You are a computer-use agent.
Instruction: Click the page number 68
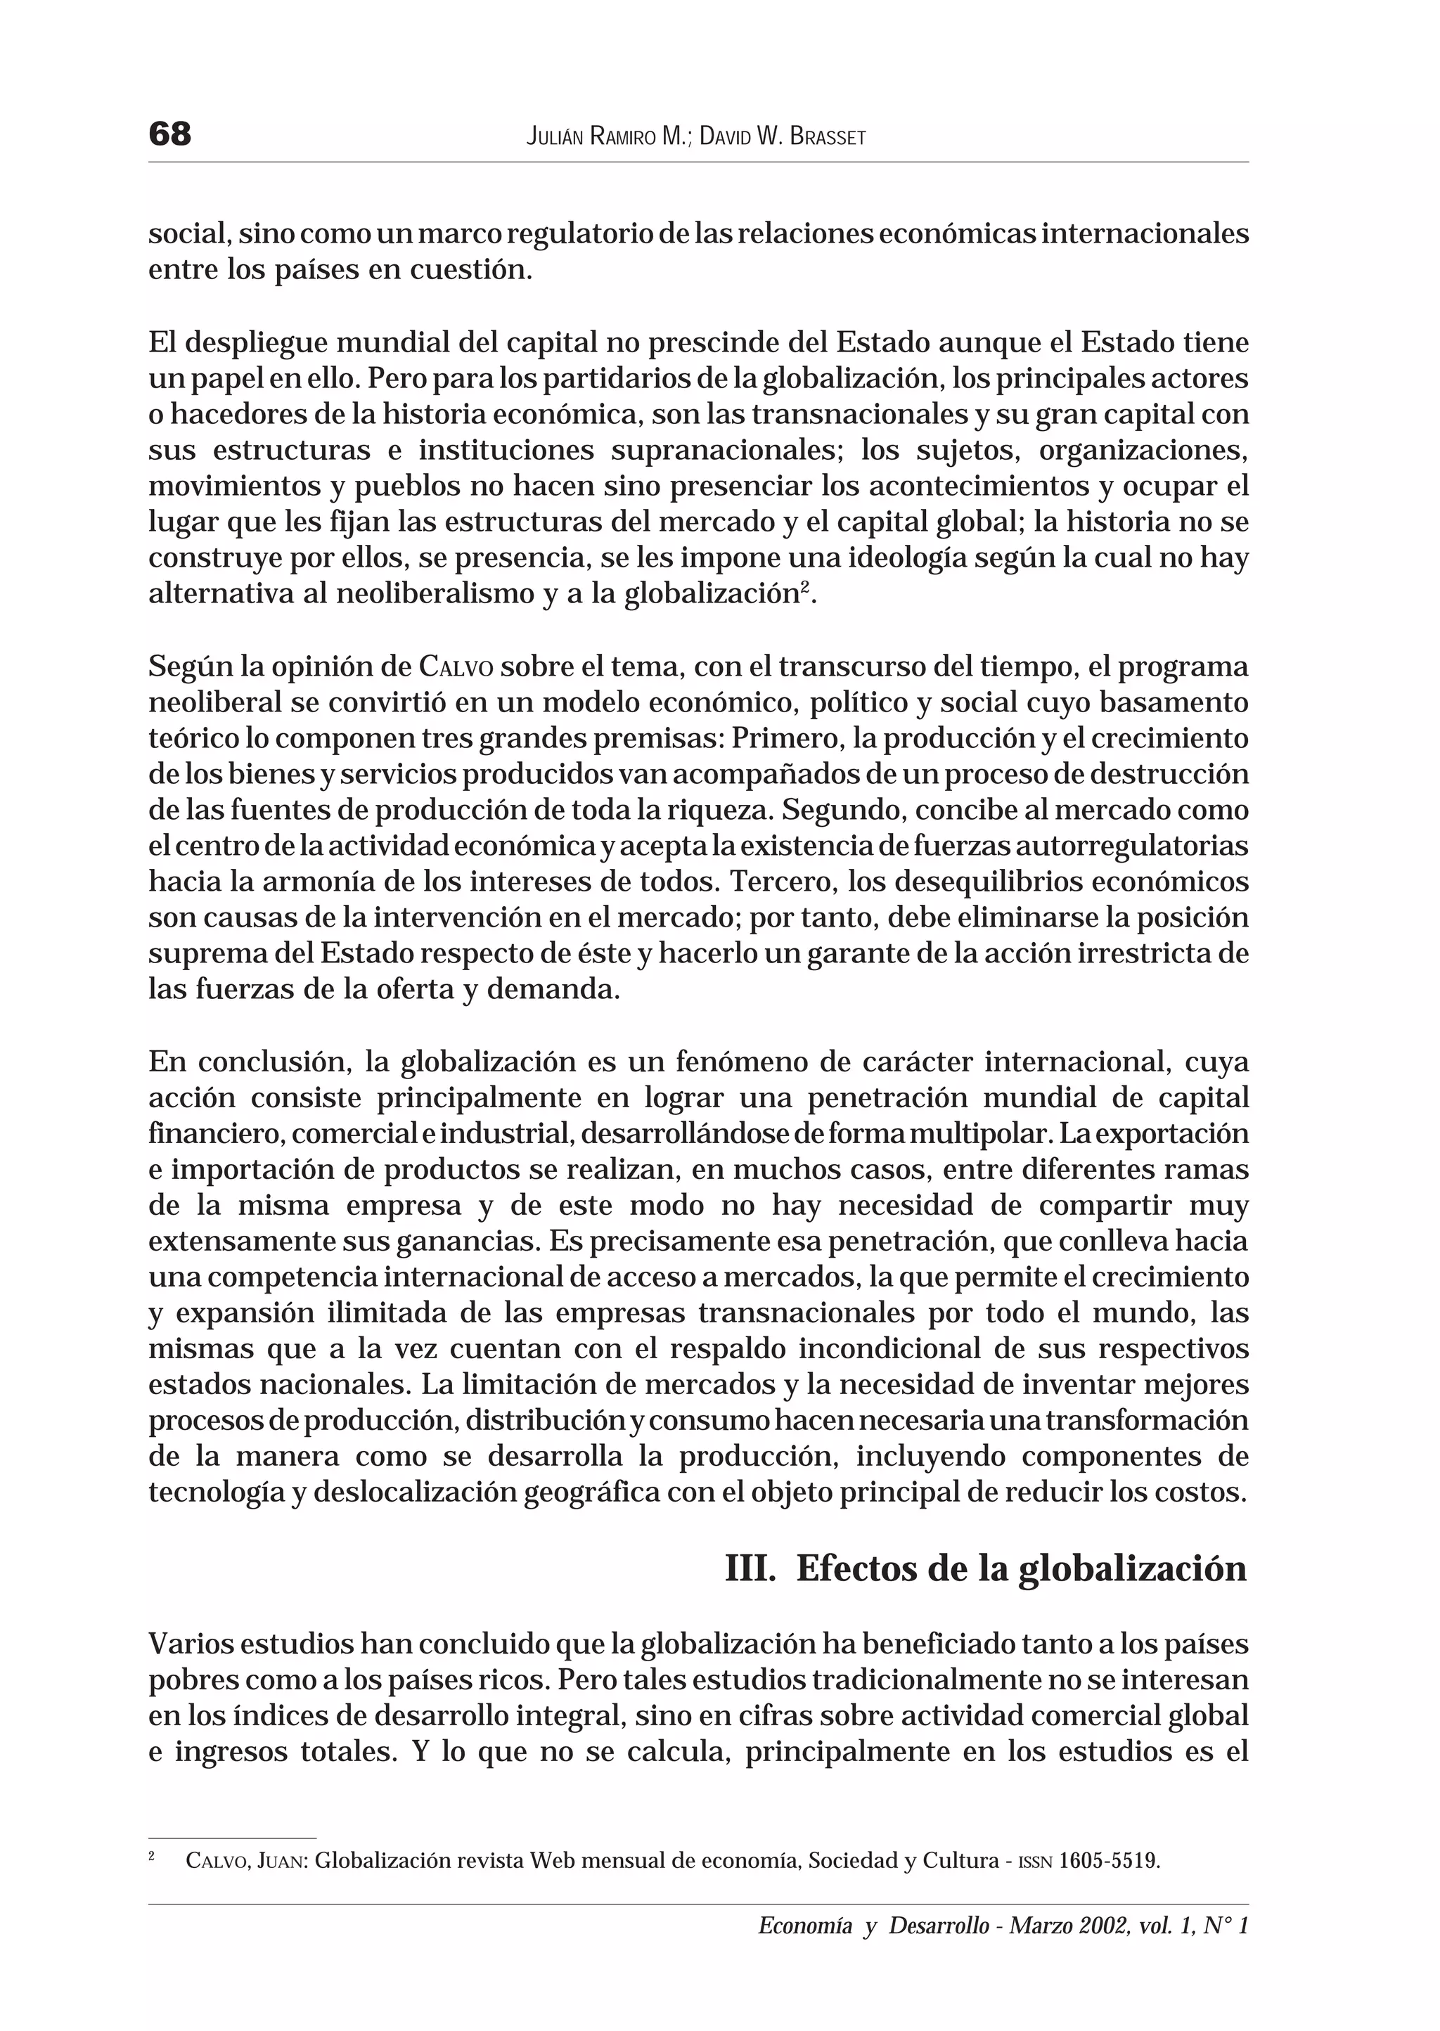tap(170, 135)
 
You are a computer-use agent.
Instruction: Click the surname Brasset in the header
tap(825, 137)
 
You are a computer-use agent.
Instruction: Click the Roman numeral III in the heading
tap(750, 1568)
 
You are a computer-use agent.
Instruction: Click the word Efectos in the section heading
tap(856, 1568)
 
